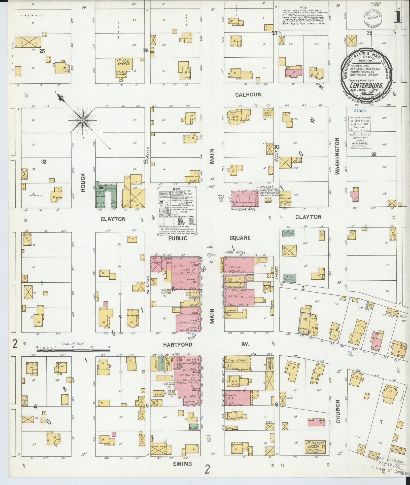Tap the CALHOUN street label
[x=248, y=95]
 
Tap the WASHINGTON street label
[x=337, y=156]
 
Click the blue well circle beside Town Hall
[x=221, y=200]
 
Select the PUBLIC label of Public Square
[x=178, y=238]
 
